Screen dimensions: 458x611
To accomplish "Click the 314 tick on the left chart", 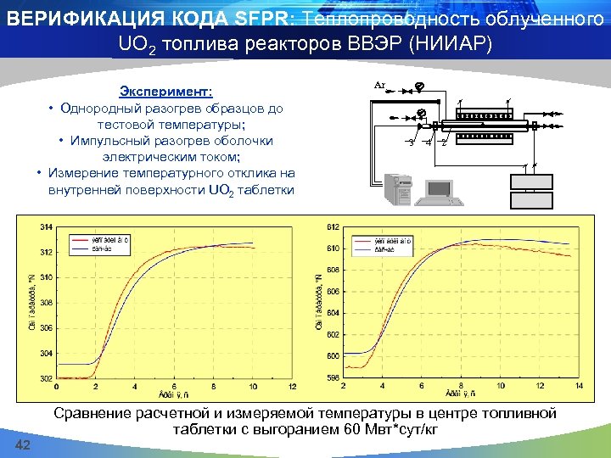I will click(46, 227).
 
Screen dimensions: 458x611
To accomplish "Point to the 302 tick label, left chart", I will click(46, 378).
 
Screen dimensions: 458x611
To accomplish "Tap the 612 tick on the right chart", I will click(333, 227).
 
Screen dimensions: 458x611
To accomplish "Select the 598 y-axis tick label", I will click(333, 378).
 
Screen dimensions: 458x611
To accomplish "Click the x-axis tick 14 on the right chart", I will click(580, 386).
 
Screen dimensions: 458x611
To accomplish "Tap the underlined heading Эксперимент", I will click(166, 91).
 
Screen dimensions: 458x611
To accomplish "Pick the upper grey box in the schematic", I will click(530, 182).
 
